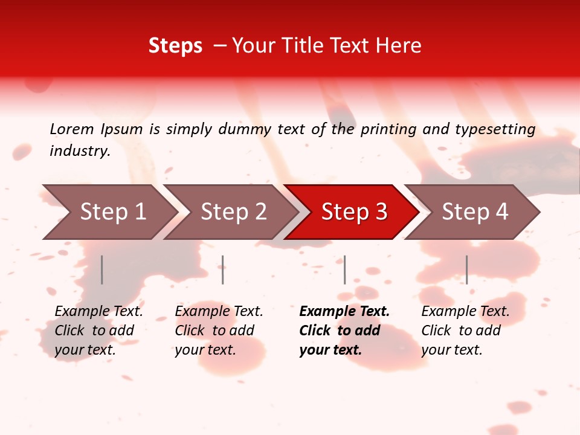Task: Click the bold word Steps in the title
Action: click(175, 46)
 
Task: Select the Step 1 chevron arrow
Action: click(112, 212)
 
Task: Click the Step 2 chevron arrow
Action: click(233, 212)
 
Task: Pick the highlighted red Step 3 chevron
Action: click(354, 212)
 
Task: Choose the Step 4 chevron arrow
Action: click(475, 212)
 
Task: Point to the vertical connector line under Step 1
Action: click(102, 269)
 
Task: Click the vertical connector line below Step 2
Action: click(223, 269)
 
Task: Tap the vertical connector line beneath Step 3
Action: click(344, 269)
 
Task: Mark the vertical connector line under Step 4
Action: click(466, 269)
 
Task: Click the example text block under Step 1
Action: click(98, 330)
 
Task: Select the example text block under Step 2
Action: click(219, 330)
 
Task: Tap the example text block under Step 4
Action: click(465, 330)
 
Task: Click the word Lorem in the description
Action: click(72, 129)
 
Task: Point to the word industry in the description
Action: click(80, 151)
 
